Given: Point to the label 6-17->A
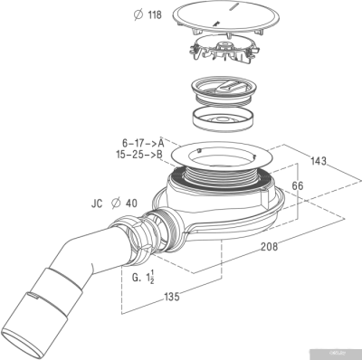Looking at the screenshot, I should click(x=142, y=143).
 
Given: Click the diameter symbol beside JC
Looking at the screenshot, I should click(x=115, y=204).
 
